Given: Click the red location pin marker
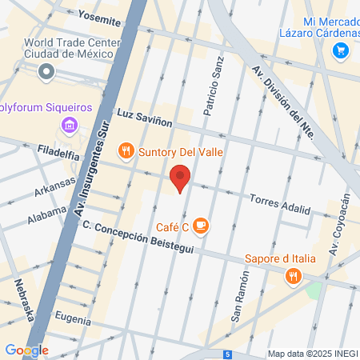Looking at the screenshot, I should tap(181, 178).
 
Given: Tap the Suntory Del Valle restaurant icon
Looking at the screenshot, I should tap(125, 150).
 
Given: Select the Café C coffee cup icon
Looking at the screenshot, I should tap(200, 227).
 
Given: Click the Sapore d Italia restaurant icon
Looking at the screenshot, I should tap(294, 276).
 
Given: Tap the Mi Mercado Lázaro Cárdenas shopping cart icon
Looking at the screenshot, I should tap(341, 51).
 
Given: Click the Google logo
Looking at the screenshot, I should tap(26, 350).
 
